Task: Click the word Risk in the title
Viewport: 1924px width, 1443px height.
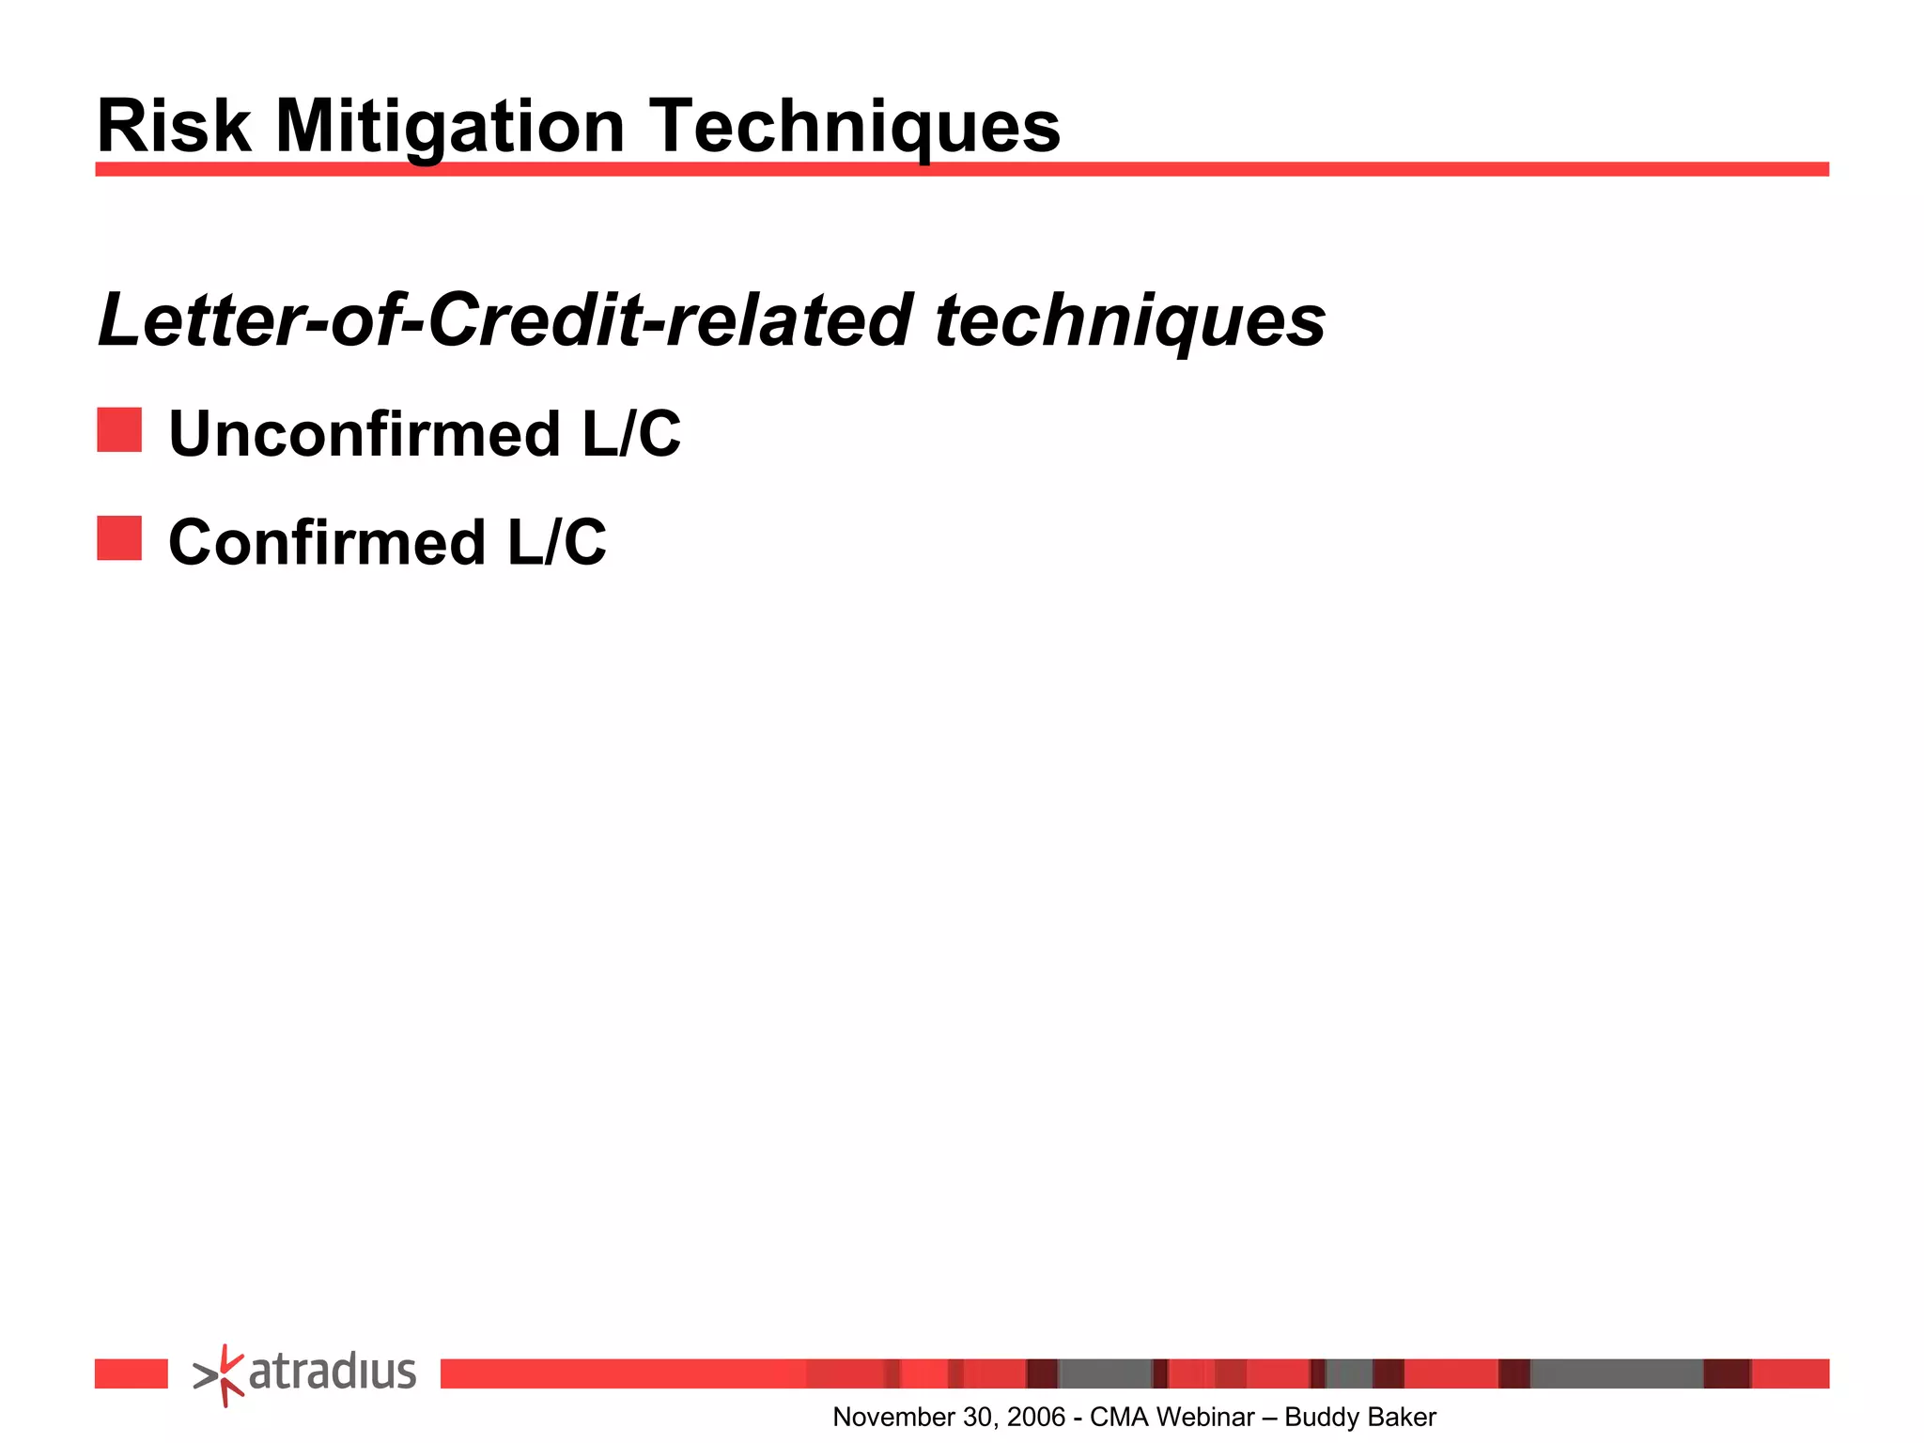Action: tap(175, 127)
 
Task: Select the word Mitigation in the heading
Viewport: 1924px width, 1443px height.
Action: tap(450, 127)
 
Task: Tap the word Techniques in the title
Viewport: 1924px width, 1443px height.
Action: tap(855, 127)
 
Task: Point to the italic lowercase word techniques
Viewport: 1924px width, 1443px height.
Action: tap(1130, 320)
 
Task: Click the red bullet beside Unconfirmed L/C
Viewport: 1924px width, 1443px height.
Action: tap(119, 430)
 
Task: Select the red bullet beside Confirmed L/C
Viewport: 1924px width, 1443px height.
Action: tap(119, 538)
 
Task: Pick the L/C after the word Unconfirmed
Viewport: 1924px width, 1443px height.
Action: tap(631, 434)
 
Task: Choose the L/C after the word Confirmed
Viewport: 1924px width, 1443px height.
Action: tap(557, 543)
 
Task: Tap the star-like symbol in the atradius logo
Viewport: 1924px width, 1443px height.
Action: tap(221, 1375)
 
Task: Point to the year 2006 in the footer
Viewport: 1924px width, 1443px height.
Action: tap(1036, 1417)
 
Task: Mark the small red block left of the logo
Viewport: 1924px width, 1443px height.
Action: tap(131, 1373)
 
